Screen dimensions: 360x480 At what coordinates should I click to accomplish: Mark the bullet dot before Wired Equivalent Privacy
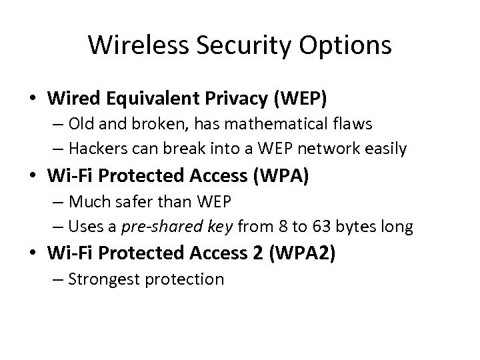[x=33, y=99]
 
